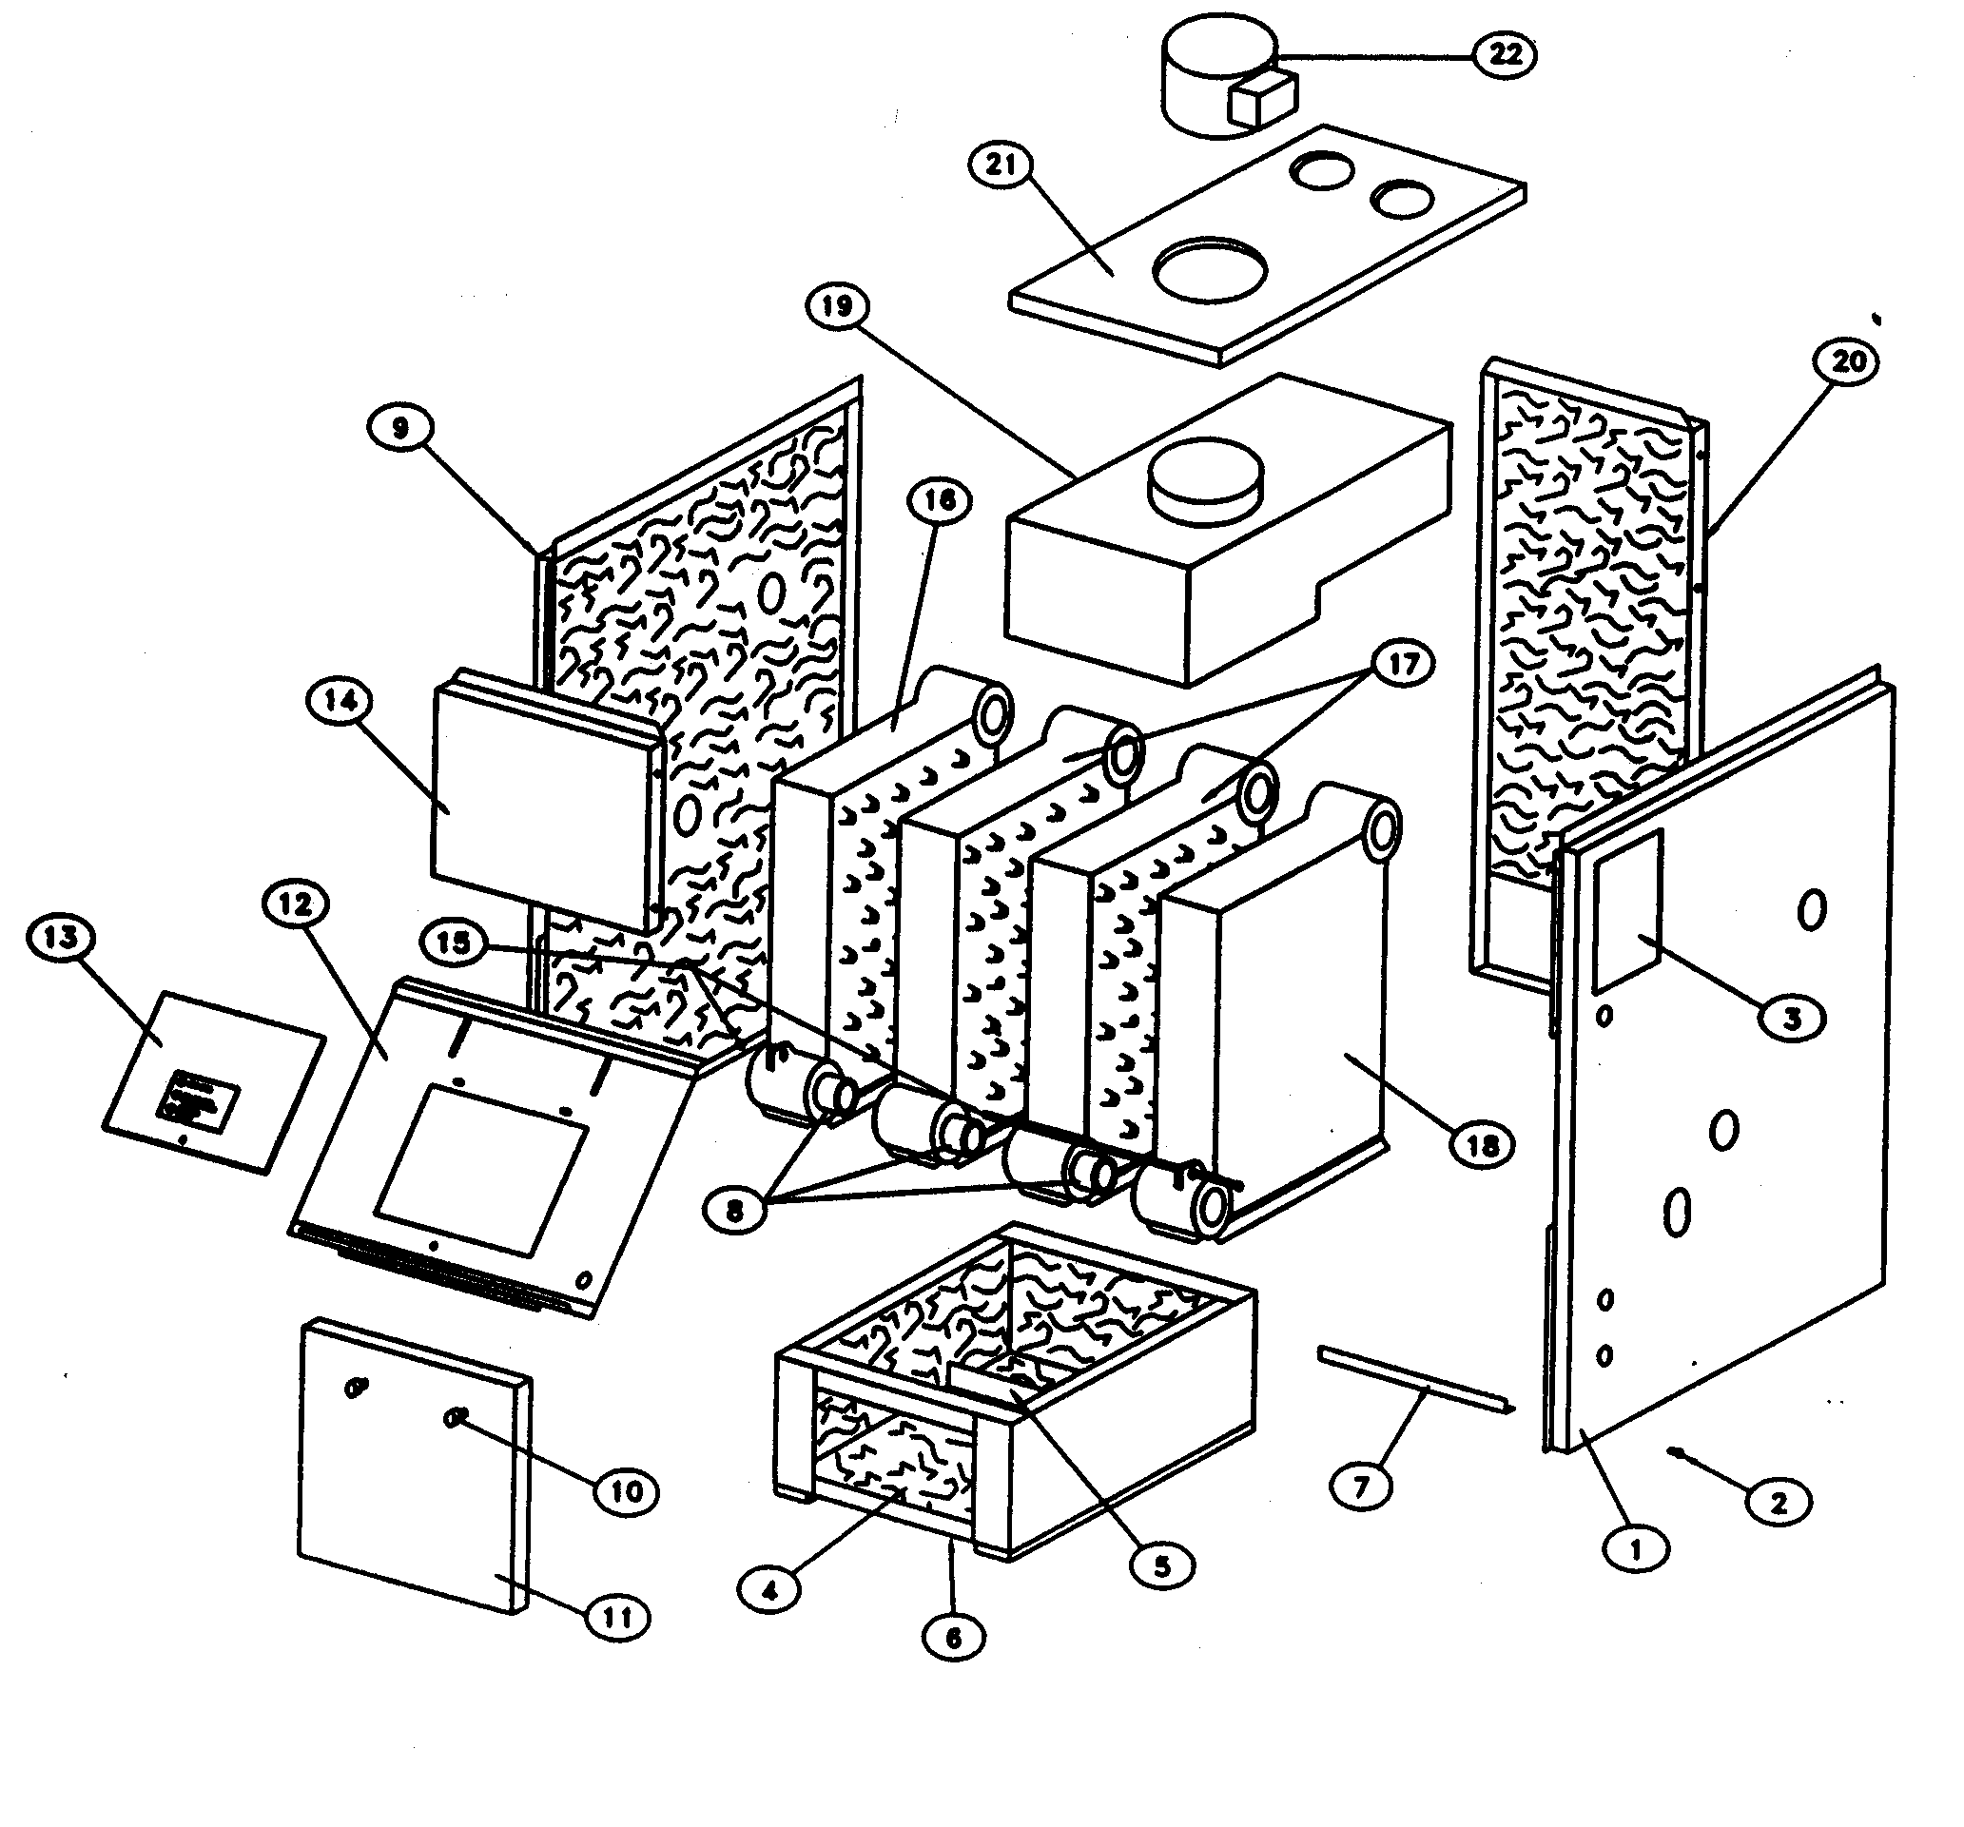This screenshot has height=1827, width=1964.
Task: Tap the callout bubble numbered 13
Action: [61, 936]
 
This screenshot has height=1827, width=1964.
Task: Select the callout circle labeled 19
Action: [837, 305]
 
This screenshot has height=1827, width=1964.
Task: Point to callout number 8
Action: [734, 1211]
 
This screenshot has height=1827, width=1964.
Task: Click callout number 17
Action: [1403, 664]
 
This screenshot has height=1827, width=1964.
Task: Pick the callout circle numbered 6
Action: [953, 1638]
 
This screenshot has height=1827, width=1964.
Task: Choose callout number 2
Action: [1779, 1503]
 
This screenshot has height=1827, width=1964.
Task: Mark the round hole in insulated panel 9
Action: [771, 592]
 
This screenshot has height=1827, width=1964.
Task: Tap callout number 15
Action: [454, 942]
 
